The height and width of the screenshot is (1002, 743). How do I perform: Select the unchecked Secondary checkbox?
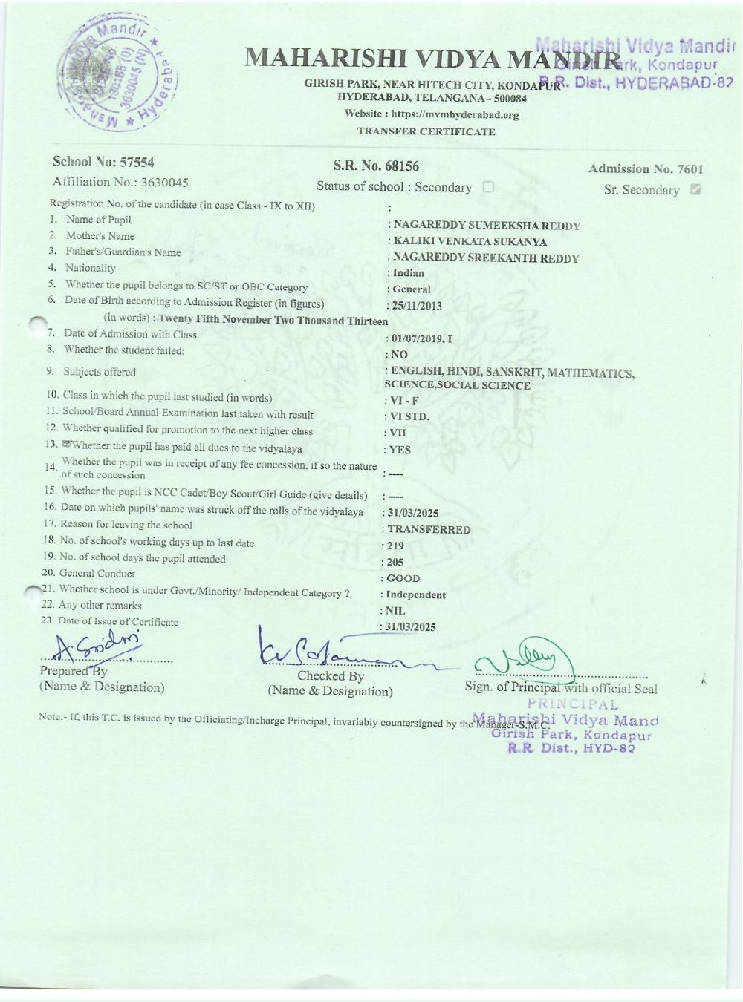[488, 187]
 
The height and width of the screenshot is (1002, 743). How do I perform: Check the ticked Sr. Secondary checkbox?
[695, 189]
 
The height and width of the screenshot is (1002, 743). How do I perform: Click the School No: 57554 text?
[103, 163]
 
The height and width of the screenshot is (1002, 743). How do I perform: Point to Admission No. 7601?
[645, 169]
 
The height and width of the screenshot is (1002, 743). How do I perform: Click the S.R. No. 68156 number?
[376, 166]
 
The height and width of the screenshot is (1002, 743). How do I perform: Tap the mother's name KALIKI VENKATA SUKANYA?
[470, 242]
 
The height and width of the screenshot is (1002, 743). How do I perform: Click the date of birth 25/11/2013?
[417, 306]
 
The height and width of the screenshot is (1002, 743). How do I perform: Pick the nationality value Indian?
[408, 273]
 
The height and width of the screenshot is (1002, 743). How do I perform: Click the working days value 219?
[395, 546]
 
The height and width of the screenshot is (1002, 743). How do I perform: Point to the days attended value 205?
[395, 563]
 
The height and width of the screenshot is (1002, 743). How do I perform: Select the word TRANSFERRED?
[429, 530]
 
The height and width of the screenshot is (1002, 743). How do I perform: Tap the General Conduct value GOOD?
[403, 578]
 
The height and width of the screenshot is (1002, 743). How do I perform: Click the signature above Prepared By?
[100, 646]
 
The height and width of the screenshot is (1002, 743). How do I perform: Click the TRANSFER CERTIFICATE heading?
[426, 132]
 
